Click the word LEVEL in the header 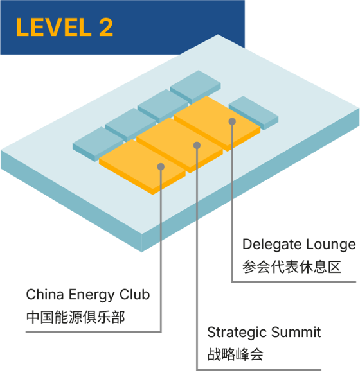pos(54,27)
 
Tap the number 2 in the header pos(106,27)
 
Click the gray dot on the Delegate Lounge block pos(232,121)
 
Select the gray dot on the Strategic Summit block pos(197,145)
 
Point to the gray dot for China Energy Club pos(161,167)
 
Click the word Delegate pos(272,245)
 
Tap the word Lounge pos(331,245)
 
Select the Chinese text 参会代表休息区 pos(292,267)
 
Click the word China pos(45,294)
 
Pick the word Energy pos(91,295)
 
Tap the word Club pos(134,294)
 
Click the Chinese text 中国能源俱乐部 pos(75,317)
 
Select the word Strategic pos(237,333)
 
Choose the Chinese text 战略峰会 pos(235,354)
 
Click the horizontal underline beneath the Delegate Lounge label pos(294,282)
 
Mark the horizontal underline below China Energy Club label pos(94,332)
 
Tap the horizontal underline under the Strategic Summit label pos(259,370)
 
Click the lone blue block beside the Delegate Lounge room pos(254,113)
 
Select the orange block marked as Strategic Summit pos(180,145)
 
